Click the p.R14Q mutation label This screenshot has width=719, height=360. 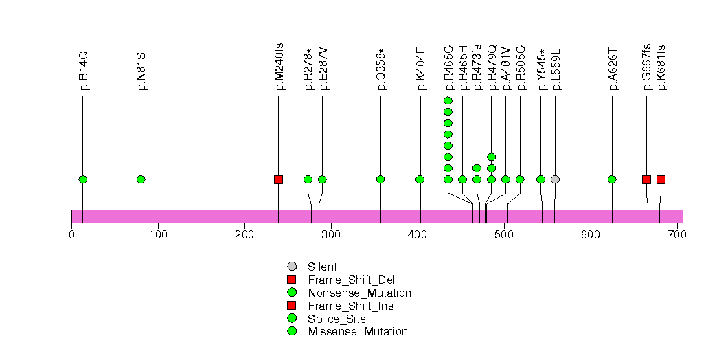(x=84, y=71)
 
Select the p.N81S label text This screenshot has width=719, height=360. (x=141, y=71)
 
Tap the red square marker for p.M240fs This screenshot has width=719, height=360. (x=278, y=179)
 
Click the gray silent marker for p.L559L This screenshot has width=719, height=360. (x=555, y=179)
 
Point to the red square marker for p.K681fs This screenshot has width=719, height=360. (x=661, y=179)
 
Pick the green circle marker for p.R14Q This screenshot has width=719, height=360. (x=83, y=179)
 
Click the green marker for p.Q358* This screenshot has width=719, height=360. (x=380, y=179)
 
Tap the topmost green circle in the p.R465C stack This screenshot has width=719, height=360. (x=448, y=101)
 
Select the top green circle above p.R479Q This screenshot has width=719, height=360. (x=491, y=157)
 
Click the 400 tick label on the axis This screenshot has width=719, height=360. (x=418, y=236)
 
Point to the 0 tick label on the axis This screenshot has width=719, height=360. (x=72, y=236)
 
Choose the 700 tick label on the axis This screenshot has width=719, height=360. (x=677, y=236)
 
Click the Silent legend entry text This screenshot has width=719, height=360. (x=321, y=267)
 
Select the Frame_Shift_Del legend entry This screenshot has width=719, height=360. (x=351, y=280)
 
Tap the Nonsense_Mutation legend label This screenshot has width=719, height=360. (x=359, y=293)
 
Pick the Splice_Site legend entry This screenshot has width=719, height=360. (x=336, y=319)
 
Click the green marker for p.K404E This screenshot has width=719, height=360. (x=420, y=179)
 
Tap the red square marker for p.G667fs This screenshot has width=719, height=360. (x=646, y=179)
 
